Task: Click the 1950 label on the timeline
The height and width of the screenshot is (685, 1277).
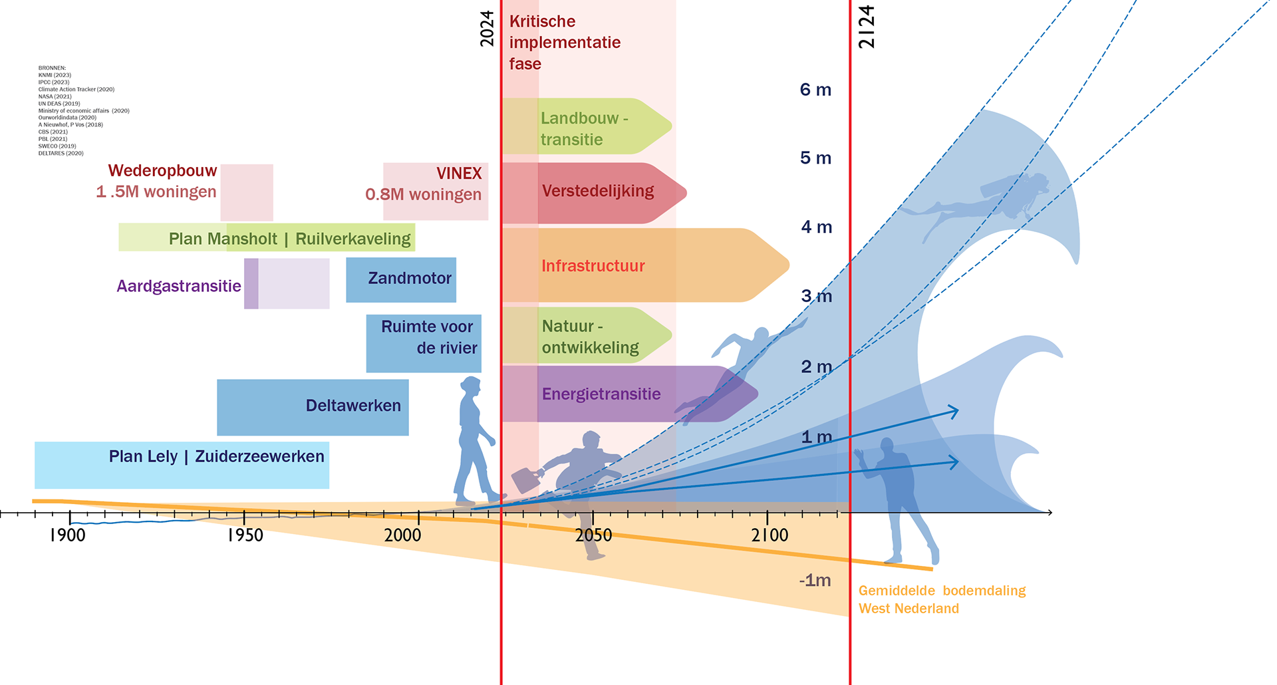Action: pos(245,535)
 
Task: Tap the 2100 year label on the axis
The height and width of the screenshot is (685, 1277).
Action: pos(770,535)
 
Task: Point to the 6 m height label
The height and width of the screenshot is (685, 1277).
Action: pos(815,90)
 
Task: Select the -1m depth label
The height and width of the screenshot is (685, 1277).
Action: pos(815,581)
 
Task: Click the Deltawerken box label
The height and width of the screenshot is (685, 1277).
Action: pos(353,406)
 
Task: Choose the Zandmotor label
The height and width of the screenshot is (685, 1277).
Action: pos(410,278)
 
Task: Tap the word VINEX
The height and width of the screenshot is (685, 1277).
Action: pos(459,174)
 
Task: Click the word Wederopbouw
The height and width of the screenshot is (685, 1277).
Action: pos(162,171)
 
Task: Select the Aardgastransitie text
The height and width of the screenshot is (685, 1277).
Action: pos(179,286)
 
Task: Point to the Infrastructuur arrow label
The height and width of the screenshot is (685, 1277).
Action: pos(593,266)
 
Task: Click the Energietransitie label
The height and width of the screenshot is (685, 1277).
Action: pos(601,394)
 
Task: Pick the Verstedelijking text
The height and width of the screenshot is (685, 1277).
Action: pos(598,192)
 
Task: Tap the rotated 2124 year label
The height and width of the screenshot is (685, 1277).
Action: pos(867,27)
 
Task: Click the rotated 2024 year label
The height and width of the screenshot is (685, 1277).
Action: pos(488,29)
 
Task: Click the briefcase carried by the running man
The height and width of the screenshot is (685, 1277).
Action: pos(526,479)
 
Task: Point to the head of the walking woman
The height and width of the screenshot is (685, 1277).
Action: pos(470,386)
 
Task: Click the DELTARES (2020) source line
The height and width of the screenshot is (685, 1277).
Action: pos(61,153)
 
